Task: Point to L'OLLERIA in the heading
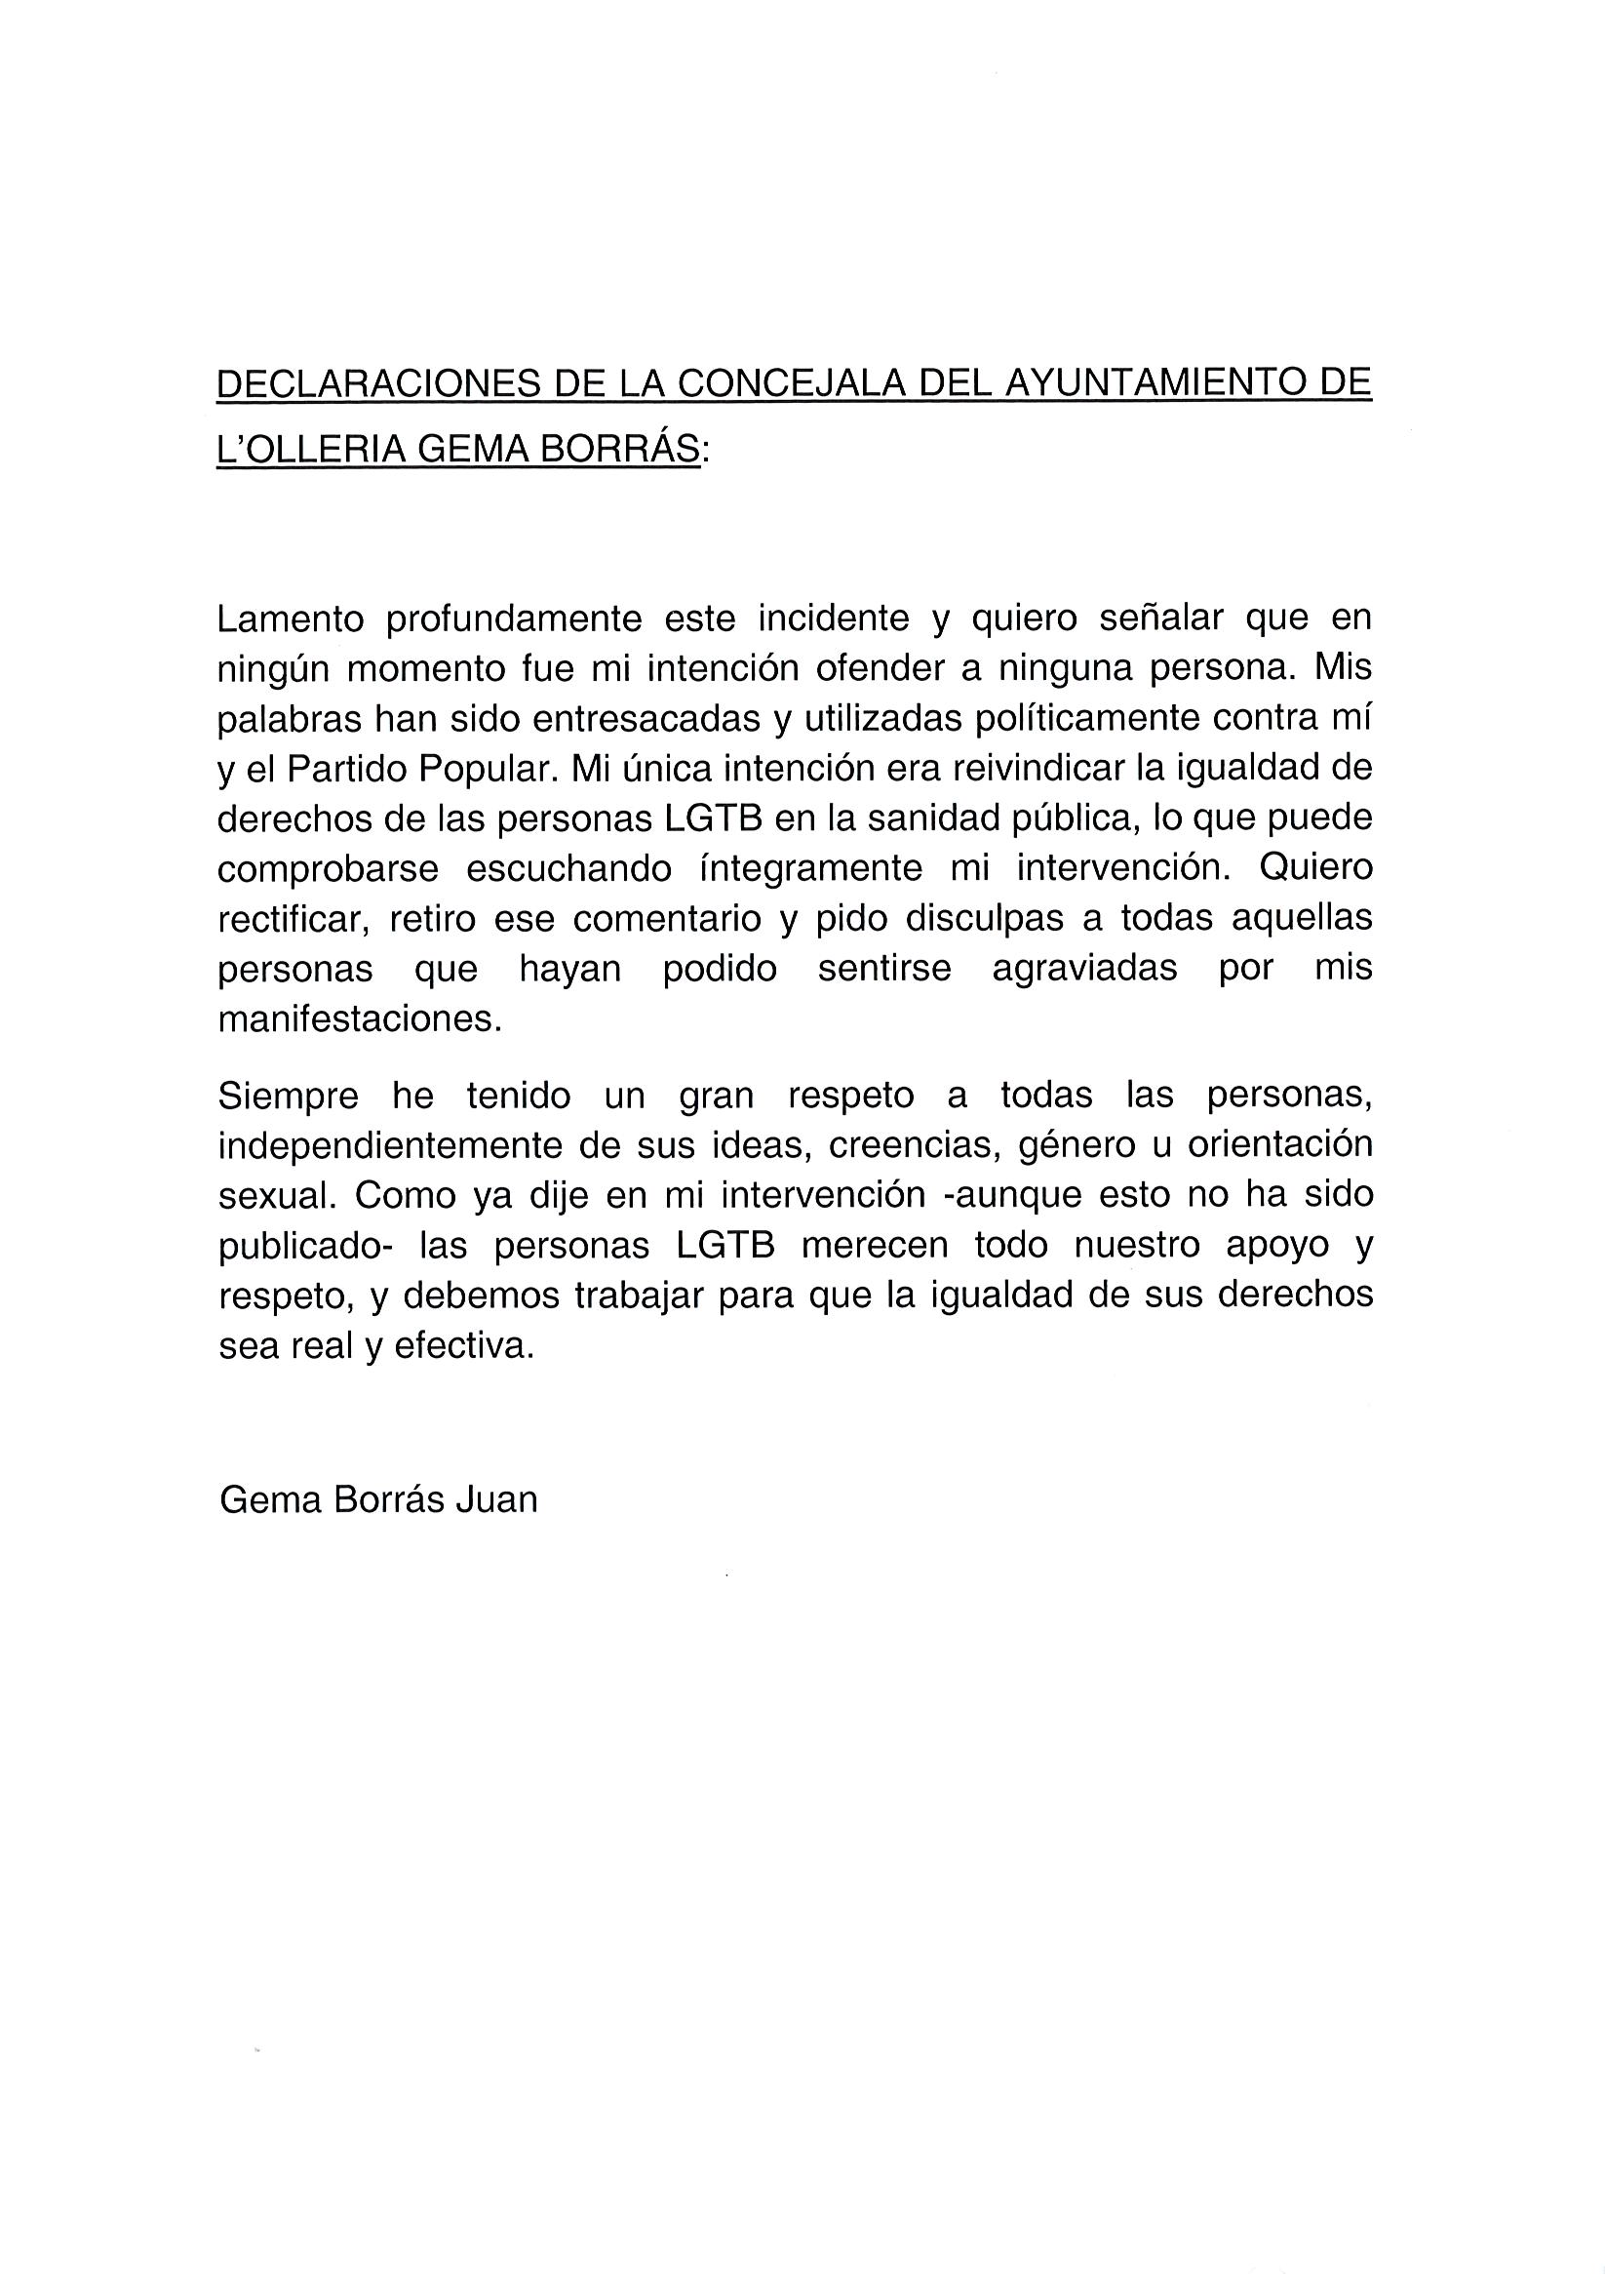click(311, 450)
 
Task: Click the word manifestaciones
click(361, 1019)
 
